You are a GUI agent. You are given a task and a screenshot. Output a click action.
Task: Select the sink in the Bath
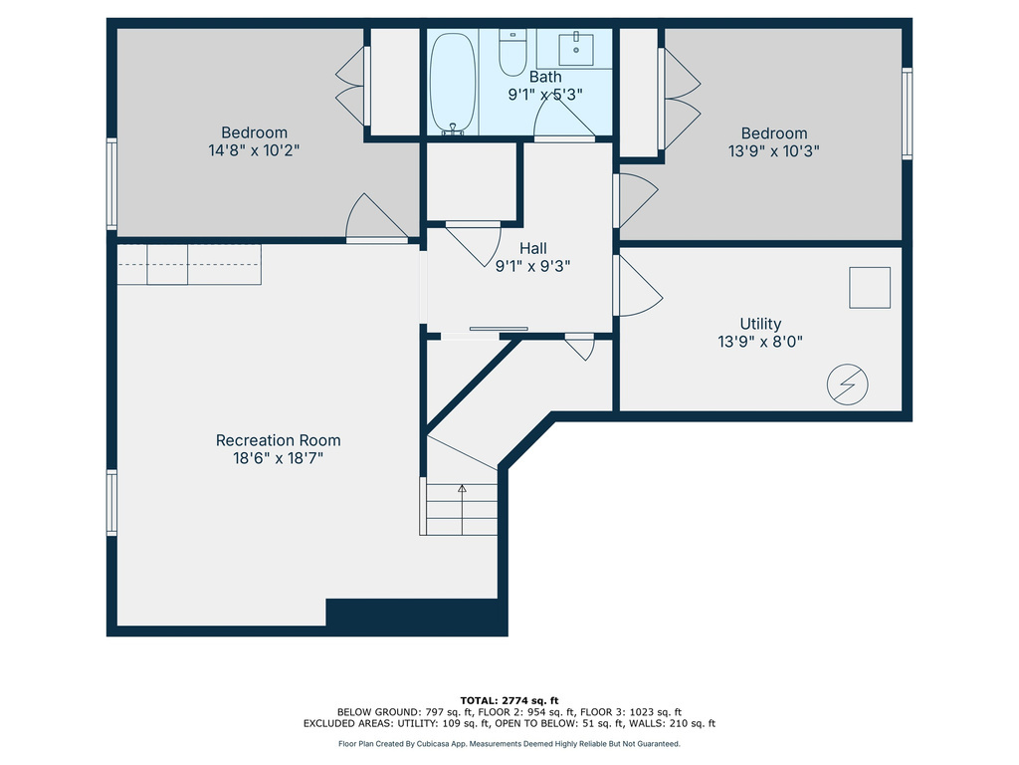tap(575, 47)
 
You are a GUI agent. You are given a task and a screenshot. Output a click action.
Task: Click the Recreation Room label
tap(278, 440)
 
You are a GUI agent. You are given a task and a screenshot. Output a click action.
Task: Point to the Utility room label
tap(760, 324)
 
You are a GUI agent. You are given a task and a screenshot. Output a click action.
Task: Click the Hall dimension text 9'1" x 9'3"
tap(532, 266)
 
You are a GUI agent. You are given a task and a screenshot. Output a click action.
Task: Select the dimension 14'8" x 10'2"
tap(254, 150)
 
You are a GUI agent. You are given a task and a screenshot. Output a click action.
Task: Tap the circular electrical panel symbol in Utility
tap(848, 385)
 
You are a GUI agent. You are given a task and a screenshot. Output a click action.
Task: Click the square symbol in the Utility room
tap(869, 288)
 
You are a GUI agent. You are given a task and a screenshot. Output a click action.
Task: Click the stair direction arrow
tap(462, 488)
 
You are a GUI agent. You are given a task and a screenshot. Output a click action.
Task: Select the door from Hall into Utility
tap(637, 286)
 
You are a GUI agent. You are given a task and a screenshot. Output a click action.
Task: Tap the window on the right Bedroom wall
tap(906, 114)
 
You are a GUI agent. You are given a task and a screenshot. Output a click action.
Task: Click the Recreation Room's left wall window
tap(112, 502)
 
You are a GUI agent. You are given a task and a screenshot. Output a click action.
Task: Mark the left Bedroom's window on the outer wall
tap(112, 184)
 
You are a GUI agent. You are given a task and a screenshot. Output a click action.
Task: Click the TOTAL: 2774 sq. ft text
tap(509, 700)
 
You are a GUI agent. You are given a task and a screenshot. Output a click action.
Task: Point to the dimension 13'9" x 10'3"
tap(773, 151)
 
